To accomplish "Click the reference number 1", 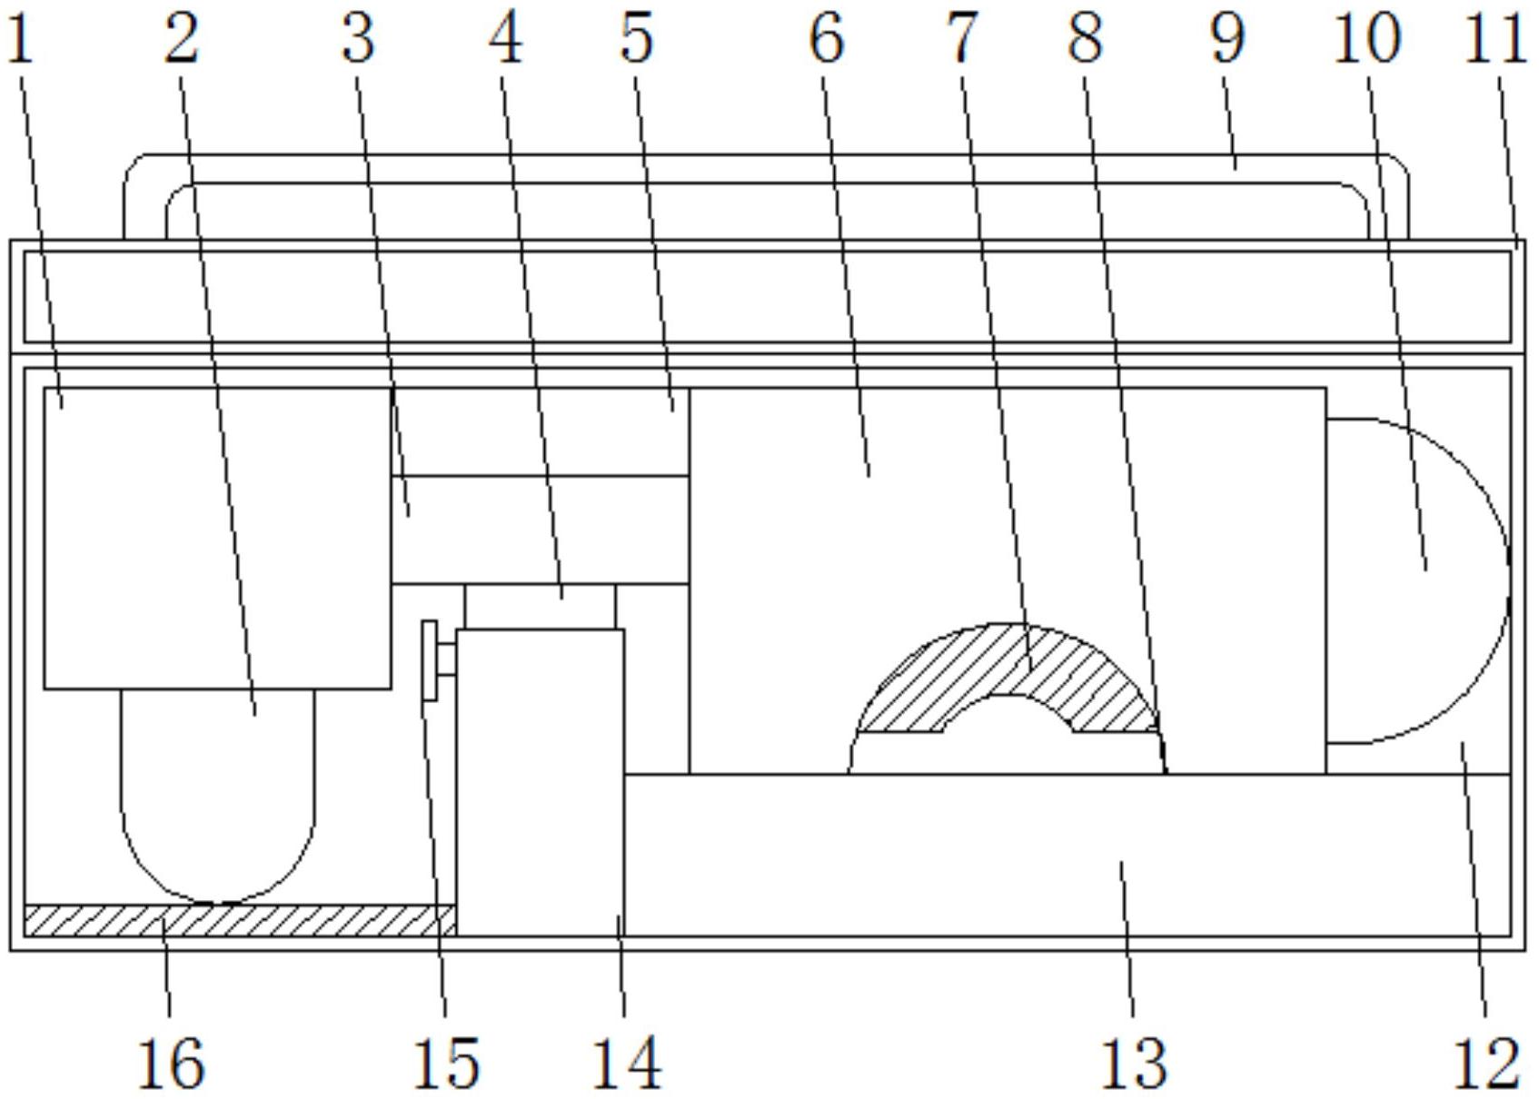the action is click(x=20, y=40).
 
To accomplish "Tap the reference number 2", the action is click(x=182, y=40).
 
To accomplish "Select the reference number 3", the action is click(x=358, y=40).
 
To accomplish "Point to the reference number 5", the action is click(x=636, y=40).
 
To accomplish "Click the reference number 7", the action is click(x=962, y=40).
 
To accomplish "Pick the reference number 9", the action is click(x=1227, y=40).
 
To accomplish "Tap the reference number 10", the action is click(x=1366, y=40).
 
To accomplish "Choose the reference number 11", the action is click(x=1496, y=40).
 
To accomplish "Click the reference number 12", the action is click(x=1486, y=1064).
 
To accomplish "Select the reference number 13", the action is click(x=1135, y=1064).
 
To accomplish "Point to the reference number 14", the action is click(x=627, y=1064).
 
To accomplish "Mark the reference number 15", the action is click(x=446, y=1064).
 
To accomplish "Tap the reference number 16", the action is click(x=171, y=1064).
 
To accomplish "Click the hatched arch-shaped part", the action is click(x=1007, y=677).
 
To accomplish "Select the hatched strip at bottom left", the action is click(x=240, y=920).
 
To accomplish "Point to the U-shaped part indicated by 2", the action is click(x=218, y=796).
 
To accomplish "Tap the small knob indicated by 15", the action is click(x=438, y=660).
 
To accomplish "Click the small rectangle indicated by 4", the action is click(x=540, y=607).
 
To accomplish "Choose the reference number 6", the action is click(x=827, y=40).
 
